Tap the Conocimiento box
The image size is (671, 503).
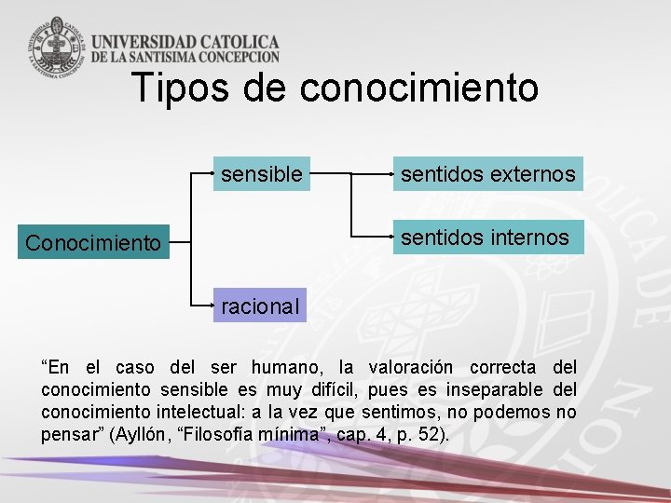click(93, 243)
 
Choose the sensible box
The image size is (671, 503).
click(261, 173)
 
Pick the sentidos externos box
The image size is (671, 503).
click(487, 173)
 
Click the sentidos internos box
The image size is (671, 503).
click(485, 238)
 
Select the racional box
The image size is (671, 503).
click(260, 306)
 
